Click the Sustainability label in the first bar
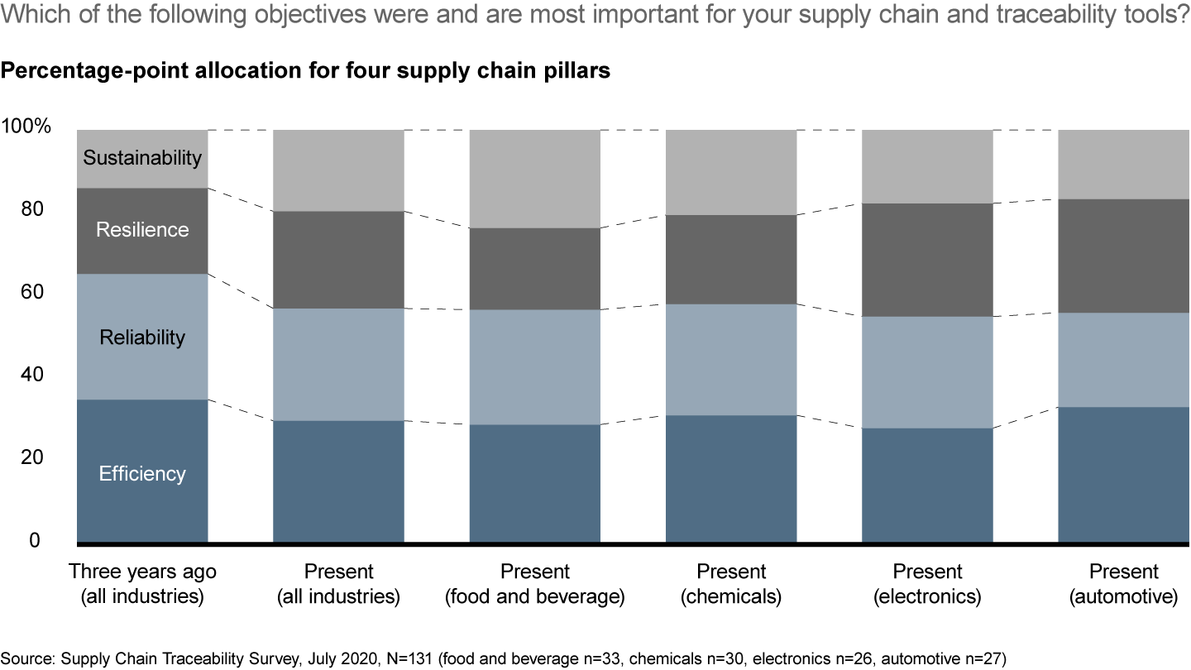(x=142, y=157)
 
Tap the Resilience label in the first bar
(x=142, y=230)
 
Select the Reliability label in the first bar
(x=142, y=337)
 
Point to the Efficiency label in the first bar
(x=142, y=474)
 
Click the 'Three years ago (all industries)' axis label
(x=142, y=584)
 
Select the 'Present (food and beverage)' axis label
(x=535, y=584)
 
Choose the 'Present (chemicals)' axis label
(x=731, y=584)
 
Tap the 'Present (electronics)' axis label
(x=927, y=584)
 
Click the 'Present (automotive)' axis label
(x=1123, y=584)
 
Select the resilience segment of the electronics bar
(x=927, y=260)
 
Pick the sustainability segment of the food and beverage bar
(x=535, y=179)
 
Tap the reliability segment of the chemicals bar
(x=731, y=359)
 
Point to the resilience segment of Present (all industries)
(x=338, y=260)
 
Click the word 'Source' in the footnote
(x=24, y=658)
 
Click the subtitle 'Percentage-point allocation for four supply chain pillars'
(x=305, y=71)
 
